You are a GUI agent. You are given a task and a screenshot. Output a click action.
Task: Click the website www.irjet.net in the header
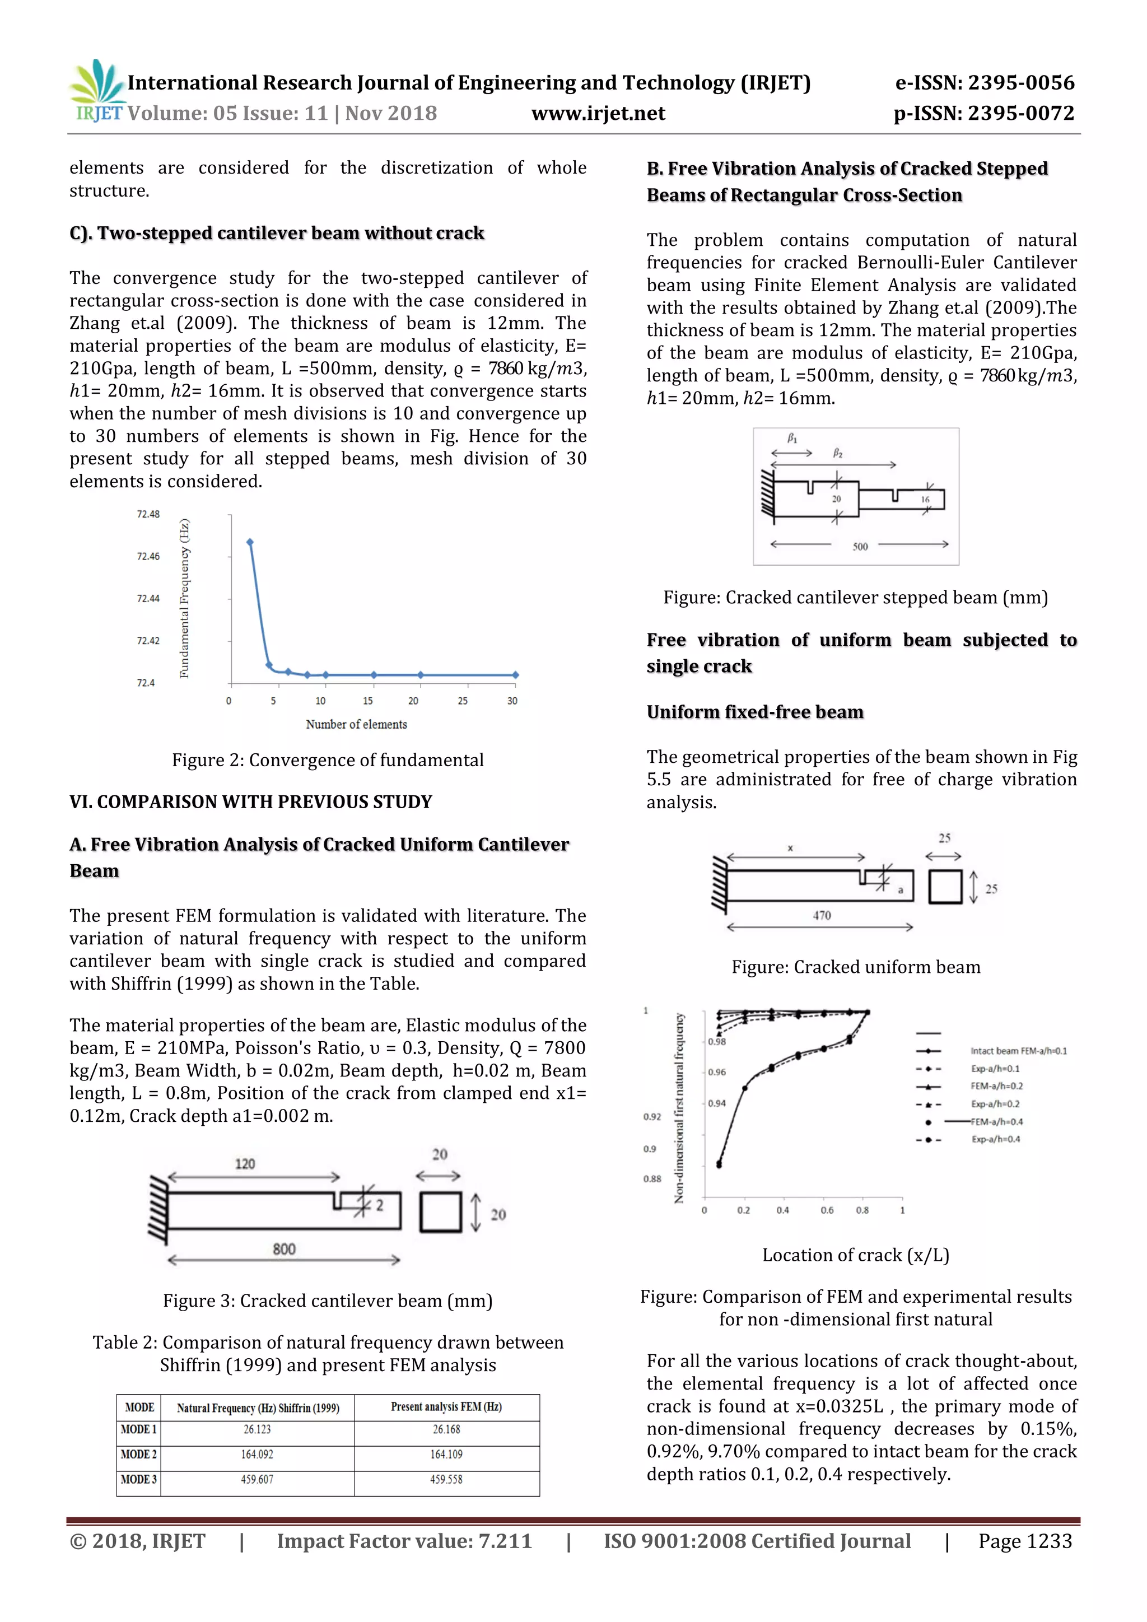pyautogui.click(x=598, y=113)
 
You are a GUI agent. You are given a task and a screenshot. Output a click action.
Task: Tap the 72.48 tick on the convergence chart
pyautogui.click(x=148, y=514)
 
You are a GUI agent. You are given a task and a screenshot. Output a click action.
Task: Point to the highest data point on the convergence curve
pyautogui.click(x=250, y=542)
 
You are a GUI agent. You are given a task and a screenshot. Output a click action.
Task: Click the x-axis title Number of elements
pyautogui.click(x=356, y=724)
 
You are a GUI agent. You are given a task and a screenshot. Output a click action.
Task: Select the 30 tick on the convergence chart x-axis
pyautogui.click(x=512, y=701)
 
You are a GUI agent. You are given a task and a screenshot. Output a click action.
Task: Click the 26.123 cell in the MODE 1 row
pyautogui.click(x=257, y=1429)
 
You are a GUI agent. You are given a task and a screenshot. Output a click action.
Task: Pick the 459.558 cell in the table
pyautogui.click(x=446, y=1479)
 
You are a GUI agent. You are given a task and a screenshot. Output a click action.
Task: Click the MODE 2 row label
pyautogui.click(x=138, y=1454)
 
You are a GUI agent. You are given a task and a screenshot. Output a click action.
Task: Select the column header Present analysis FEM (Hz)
pyautogui.click(x=446, y=1406)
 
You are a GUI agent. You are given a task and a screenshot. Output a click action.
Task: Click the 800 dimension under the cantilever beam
pyautogui.click(x=284, y=1249)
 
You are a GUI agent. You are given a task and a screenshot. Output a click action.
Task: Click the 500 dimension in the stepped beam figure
pyautogui.click(x=860, y=546)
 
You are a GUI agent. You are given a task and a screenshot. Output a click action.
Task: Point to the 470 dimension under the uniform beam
pyautogui.click(x=822, y=916)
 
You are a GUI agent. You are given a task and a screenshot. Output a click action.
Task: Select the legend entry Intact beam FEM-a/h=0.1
pyautogui.click(x=1018, y=1051)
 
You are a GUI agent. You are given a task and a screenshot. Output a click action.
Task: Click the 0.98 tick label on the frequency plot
pyautogui.click(x=717, y=1042)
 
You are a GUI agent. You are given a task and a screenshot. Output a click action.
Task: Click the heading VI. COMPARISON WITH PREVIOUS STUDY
pyautogui.click(x=251, y=802)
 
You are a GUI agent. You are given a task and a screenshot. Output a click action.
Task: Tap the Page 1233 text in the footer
pyautogui.click(x=1025, y=1541)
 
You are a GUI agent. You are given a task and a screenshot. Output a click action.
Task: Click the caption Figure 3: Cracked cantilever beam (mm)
pyautogui.click(x=328, y=1301)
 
